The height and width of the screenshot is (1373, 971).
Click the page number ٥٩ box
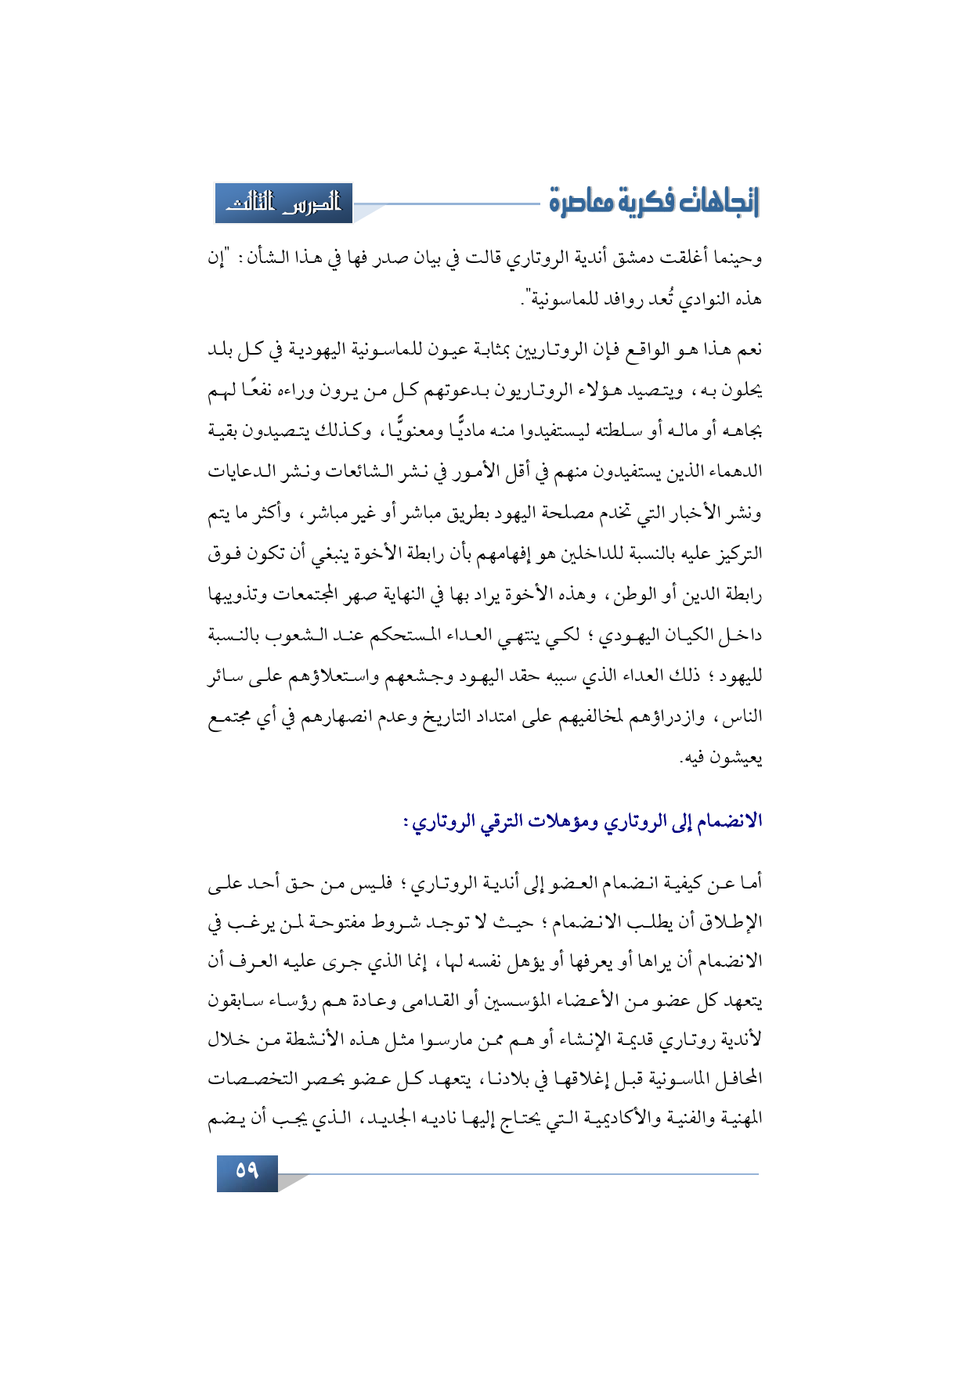pos(247,1172)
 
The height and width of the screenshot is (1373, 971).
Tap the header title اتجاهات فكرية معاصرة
pos(654,202)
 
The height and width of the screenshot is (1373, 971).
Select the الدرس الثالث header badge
pos(283,204)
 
